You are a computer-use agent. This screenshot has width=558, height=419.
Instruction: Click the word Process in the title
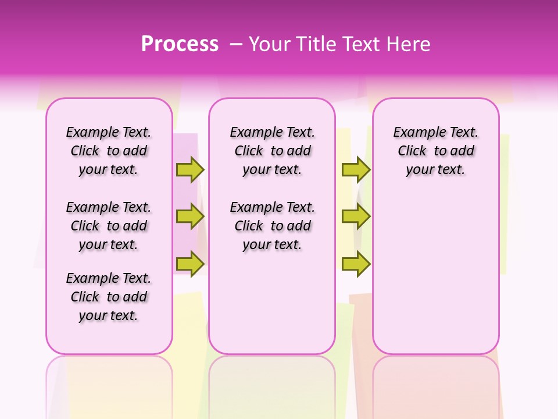point(180,44)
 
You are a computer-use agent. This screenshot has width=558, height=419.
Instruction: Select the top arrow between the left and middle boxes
point(189,169)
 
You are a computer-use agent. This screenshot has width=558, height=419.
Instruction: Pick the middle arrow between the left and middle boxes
point(189,216)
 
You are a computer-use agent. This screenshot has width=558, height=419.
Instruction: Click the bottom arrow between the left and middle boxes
point(189,264)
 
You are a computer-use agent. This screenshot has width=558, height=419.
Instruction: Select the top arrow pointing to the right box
point(356,169)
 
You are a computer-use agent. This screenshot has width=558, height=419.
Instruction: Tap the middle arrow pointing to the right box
point(356,216)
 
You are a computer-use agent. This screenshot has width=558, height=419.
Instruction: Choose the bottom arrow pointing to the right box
point(356,264)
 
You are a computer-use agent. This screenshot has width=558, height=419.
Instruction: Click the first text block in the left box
point(109,151)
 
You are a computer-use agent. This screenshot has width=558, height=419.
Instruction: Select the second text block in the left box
point(109,226)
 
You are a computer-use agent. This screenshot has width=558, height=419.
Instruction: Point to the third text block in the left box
point(109,297)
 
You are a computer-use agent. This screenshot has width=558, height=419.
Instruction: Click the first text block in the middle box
point(273,151)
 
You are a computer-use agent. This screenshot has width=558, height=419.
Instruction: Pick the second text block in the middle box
point(273,226)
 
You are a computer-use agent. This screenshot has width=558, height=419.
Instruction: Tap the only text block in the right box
point(436,151)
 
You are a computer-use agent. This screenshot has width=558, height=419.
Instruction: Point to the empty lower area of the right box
point(436,274)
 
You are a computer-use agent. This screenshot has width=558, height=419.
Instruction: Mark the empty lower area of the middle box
point(272,303)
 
